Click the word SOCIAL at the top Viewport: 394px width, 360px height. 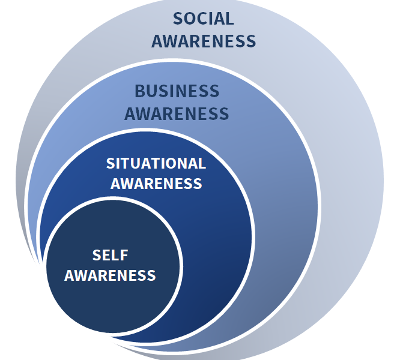click(203, 19)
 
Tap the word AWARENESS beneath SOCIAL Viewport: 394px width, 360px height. click(204, 41)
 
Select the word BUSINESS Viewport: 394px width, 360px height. click(177, 91)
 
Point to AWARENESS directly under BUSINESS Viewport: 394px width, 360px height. click(177, 113)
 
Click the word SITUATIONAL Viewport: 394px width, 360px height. click(156, 163)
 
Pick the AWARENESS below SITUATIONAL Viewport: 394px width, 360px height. click(156, 183)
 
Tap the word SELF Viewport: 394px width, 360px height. click(111, 255)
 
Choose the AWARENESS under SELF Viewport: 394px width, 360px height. click(110, 275)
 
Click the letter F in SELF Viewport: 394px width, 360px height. click(124, 255)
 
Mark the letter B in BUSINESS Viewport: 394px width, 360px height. click(140, 91)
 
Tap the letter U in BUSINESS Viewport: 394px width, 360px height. click(151, 91)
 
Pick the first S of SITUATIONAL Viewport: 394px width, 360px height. click(111, 163)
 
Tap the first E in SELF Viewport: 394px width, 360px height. click(106, 255)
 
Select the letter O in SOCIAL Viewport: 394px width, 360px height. click(189, 19)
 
